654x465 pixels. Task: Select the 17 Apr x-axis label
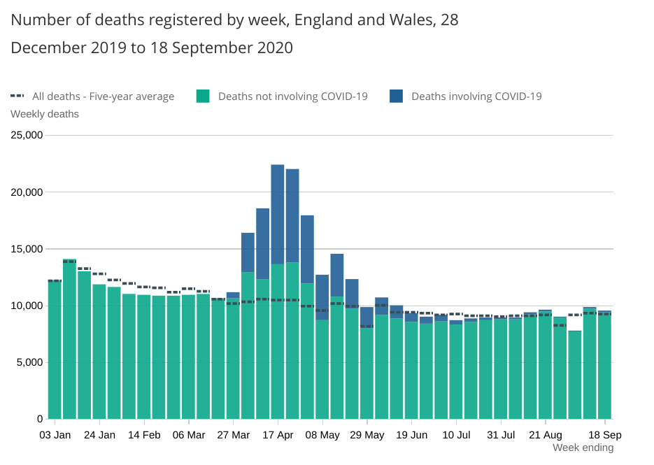click(277, 434)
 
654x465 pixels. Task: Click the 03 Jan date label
click(55, 434)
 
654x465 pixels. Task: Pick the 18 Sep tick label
click(604, 434)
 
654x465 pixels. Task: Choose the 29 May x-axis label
click(367, 434)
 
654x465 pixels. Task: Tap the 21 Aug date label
click(545, 434)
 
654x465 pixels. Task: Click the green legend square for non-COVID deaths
click(203, 96)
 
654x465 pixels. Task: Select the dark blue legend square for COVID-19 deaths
click(396, 96)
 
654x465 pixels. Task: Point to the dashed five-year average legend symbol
click(17, 96)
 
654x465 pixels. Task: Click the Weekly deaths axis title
click(45, 114)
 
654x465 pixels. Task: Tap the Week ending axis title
click(583, 448)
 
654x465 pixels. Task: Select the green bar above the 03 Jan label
click(55, 350)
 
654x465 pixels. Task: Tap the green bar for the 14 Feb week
click(143, 357)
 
